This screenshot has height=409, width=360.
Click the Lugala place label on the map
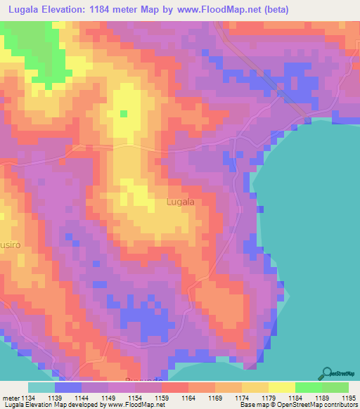pos(181,202)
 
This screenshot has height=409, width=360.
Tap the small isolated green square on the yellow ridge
pos(124,113)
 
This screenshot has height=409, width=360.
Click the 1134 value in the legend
pos(27,397)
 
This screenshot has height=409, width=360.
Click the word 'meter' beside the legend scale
pos(12,397)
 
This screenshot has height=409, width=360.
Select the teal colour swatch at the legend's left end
pos(41,387)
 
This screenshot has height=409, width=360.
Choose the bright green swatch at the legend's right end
pos(335,387)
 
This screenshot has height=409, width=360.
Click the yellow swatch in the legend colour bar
pos(281,387)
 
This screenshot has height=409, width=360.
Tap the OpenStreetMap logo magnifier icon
pos(328,373)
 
